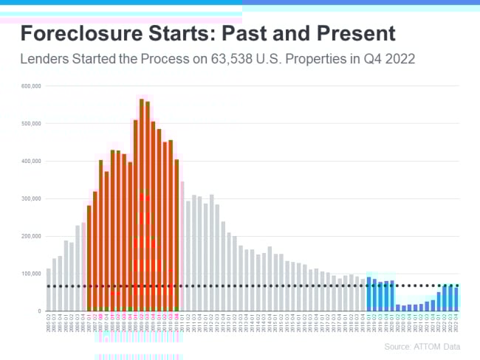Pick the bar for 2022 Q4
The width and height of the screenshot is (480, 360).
pyautogui.click(x=456, y=299)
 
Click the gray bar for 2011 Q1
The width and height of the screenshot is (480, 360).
pyautogui.click(x=182, y=246)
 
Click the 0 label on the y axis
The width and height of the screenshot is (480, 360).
pyautogui.click(x=38, y=311)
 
